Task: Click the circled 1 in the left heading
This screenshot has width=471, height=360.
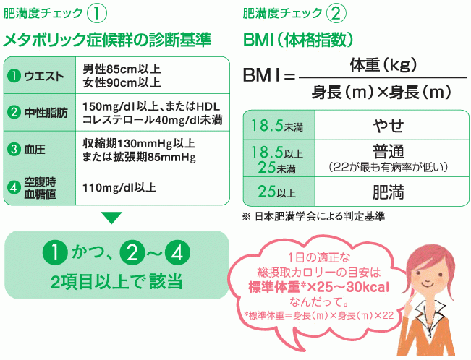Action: point(97,14)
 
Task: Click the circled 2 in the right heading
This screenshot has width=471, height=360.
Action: point(336,14)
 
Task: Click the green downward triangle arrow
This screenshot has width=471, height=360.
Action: point(111,217)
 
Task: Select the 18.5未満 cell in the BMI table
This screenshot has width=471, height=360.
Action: point(276,127)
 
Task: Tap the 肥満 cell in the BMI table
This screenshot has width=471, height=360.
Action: point(388,192)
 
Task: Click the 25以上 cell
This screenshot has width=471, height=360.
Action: point(276,192)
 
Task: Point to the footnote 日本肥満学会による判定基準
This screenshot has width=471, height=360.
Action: point(319,216)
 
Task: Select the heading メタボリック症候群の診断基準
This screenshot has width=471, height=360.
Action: point(108,39)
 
